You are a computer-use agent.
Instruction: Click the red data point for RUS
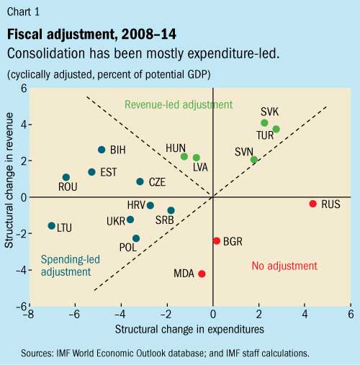point(313,204)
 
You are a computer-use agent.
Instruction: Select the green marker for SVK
point(264,123)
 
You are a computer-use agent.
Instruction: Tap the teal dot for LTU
point(51,226)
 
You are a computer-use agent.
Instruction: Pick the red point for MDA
point(202,274)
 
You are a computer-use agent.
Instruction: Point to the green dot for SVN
point(253,160)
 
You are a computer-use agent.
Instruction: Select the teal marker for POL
point(136,238)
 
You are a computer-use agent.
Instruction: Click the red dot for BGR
point(216,240)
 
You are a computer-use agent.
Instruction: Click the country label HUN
point(176,148)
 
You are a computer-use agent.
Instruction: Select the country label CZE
point(158,183)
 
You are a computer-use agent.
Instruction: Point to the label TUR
point(265,135)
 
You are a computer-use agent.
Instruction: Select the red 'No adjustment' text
point(284,266)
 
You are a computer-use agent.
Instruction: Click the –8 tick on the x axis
point(27,315)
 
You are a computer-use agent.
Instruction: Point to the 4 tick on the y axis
point(22,124)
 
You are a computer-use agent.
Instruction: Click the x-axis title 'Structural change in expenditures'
point(189,329)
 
